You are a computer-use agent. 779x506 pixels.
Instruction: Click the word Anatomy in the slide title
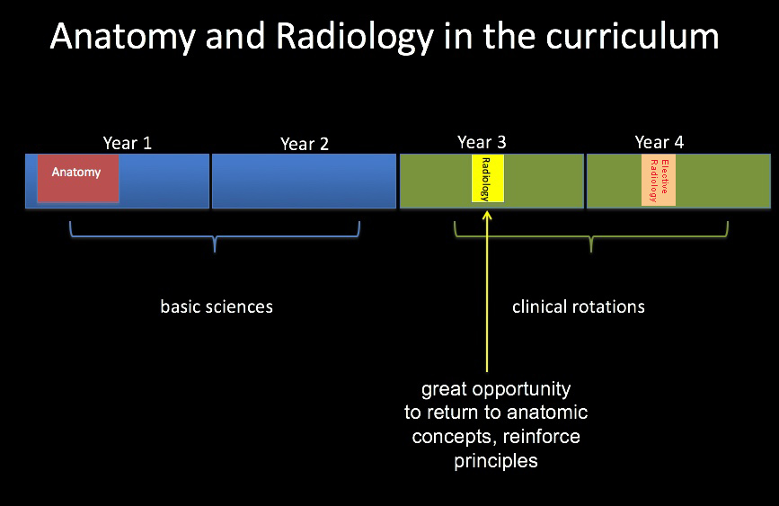tap(123, 37)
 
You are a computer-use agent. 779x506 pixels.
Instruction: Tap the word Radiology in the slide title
tap(355, 37)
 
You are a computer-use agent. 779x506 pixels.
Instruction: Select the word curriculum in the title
tap(633, 36)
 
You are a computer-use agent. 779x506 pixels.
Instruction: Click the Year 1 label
tap(128, 143)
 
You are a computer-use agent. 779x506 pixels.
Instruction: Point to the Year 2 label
tap(305, 144)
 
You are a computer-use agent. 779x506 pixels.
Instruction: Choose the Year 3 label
tap(482, 143)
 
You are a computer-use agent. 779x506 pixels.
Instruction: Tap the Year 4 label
tap(659, 143)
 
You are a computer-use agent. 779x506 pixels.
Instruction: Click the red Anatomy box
tap(78, 179)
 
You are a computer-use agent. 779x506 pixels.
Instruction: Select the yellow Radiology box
tap(488, 179)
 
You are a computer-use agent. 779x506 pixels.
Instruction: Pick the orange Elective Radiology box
tap(659, 180)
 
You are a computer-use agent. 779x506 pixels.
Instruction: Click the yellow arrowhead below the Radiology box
tap(487, 215)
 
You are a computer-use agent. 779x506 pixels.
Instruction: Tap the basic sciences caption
tap(217, 306)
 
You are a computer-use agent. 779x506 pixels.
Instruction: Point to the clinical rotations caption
tap(579, 306)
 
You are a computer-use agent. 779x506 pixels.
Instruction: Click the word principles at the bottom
tap(496, 462)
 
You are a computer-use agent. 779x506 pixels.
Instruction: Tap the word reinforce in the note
tap(542, 437)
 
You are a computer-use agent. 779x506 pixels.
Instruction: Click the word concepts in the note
tap(454, 438)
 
